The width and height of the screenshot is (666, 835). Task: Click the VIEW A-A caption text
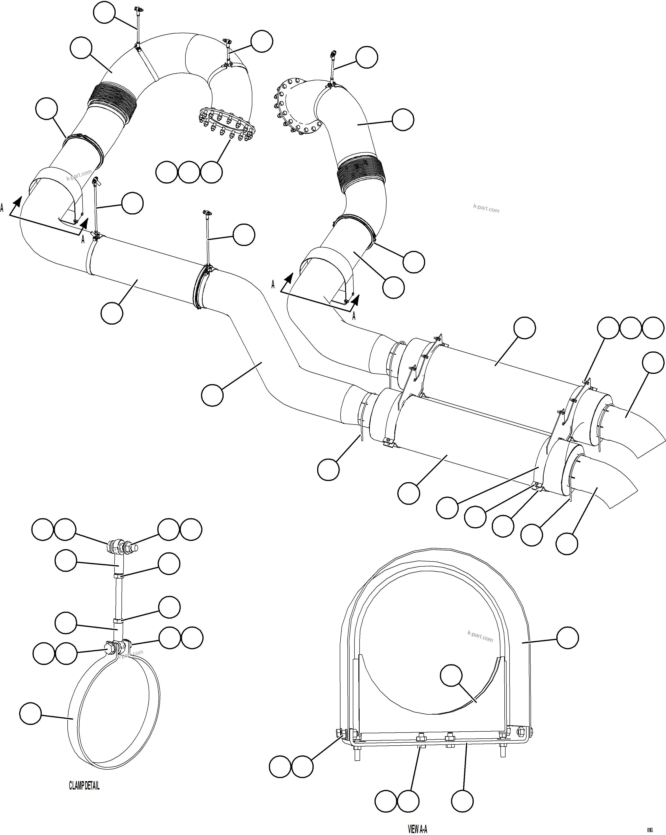coord(418,826)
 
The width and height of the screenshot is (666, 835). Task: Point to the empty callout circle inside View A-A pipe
coord(451,675)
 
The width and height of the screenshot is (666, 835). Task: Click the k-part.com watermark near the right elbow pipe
coord(486,209)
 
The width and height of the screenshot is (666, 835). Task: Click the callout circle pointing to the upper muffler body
coord(524,328)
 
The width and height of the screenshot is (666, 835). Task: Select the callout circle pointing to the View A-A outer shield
coord(567,638)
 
